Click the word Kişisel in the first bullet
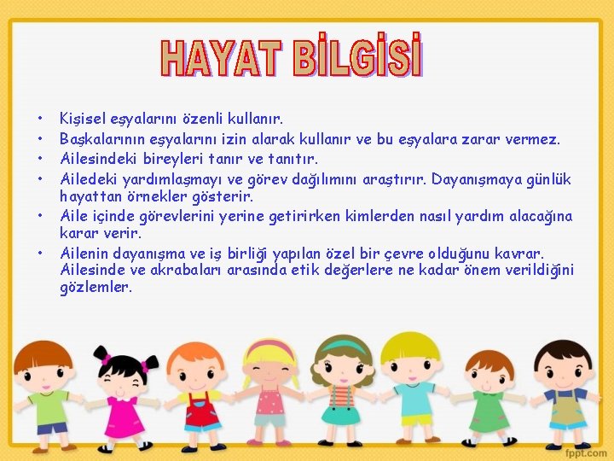[82, 118]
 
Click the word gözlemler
[96, 288]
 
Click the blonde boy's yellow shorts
[416, 419]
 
